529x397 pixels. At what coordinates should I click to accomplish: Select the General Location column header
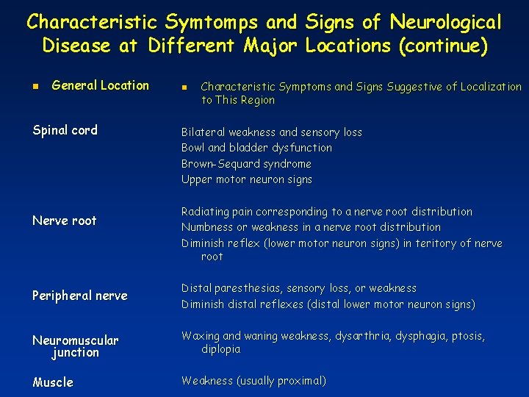100,85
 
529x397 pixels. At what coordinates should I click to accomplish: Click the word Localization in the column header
491,87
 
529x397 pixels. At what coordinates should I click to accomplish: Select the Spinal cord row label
65,130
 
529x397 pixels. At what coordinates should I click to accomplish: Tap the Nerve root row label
65,221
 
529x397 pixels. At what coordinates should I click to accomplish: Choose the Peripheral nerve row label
80,296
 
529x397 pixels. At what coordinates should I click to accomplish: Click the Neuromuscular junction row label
75,346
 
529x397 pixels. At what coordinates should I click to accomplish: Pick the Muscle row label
53,382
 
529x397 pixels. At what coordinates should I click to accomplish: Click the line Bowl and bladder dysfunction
256,148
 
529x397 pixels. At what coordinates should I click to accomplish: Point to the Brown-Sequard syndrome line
246,164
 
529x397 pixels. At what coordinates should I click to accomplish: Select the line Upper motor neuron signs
247,179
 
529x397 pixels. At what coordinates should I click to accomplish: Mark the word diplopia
220,349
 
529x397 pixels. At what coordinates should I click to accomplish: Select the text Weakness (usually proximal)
253,381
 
